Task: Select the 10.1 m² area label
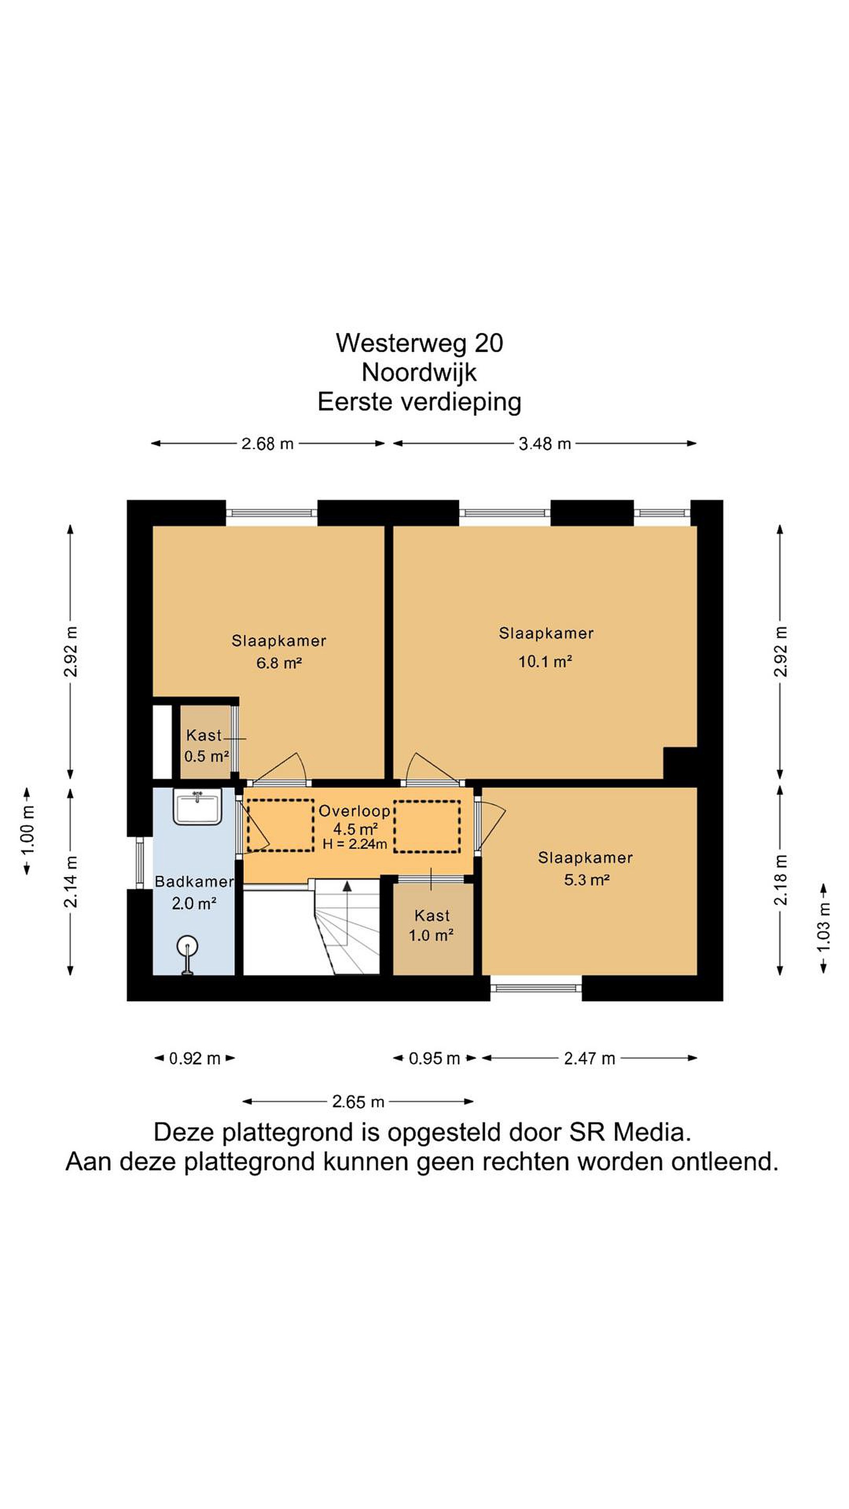coord(545,661)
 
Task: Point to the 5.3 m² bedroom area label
coord(586,879)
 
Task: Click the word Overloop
coord(354,811)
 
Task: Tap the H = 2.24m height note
coord(354,844)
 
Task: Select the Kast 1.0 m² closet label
coord(431,925)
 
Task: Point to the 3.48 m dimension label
coord(545,443)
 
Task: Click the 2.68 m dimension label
coord(267,443)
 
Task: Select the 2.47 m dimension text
coord(590,1058)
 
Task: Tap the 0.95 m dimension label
coord(434,1058)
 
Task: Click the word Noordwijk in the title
coord(419,373)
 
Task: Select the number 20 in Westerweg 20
coord(488,343)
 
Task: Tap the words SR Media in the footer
coord(630,1132)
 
